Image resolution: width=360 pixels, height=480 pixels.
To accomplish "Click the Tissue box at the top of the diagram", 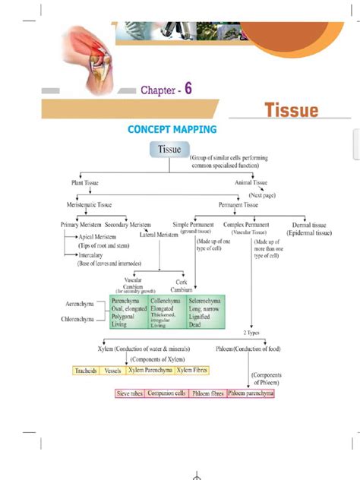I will pos(169,150).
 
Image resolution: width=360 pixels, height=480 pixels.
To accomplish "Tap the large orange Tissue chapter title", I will pos(291,111).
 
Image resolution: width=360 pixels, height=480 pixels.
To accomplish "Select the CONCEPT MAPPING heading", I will pos(172,130).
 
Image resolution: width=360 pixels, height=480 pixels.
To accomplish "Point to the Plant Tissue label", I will pos(84,183).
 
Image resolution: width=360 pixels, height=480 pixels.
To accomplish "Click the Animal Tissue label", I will pos(251,183).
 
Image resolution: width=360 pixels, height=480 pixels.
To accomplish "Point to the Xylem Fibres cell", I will pos(192,371).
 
